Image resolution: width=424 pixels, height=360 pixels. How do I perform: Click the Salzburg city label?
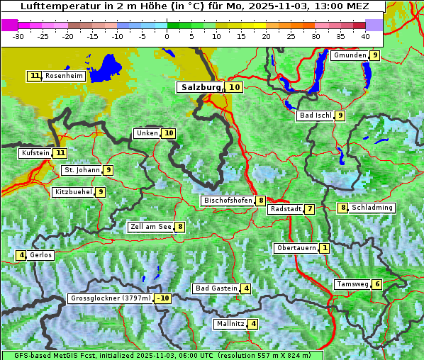tap(201, 87)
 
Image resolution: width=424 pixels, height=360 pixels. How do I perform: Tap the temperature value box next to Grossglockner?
tap(163, 298)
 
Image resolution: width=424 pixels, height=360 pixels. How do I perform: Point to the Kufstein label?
tap(35, 152)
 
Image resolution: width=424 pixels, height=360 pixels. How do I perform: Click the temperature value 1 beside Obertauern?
tap(324, 248)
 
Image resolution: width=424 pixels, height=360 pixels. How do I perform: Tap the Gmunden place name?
tap(350, 55)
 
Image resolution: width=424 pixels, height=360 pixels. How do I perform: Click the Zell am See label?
tap(150, 227)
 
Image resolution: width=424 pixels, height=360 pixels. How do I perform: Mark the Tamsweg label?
tap(352, 284)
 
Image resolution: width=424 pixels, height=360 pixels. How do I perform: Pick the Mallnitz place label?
tap(230, 324)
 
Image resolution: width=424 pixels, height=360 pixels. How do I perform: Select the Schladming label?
tap(372, 208)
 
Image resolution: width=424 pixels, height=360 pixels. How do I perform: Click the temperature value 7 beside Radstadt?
tap(310, 209)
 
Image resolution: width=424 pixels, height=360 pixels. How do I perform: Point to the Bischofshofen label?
tap(228, 201)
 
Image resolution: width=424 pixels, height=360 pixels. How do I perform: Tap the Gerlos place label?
tap(40, 255)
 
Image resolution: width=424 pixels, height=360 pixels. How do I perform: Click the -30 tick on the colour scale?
tap(18, 36)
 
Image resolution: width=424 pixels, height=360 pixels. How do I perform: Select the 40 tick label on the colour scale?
tap(365, 36)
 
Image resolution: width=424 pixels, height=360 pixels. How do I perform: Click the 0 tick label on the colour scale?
tap(167, 36)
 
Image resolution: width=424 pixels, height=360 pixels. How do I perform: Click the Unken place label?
tap(147, 133)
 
